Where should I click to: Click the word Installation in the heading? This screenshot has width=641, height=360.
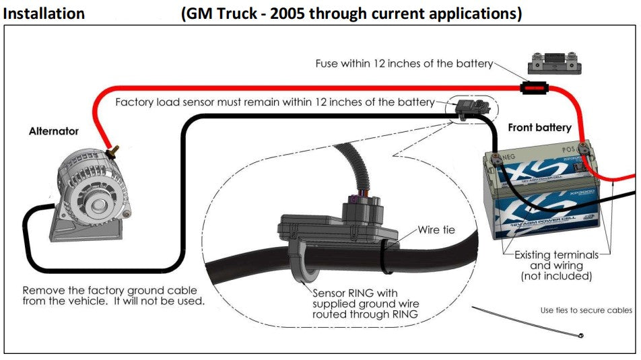[44, 13]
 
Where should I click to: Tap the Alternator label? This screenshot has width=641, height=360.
[53, 131]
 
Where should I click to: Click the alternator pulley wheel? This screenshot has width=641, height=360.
[100, 203]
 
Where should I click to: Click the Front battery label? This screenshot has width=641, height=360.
[539, 127]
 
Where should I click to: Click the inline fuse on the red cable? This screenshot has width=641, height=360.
[536, 87]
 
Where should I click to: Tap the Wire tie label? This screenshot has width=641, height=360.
[436, 229]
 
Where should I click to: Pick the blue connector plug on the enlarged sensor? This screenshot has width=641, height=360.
[355, 198]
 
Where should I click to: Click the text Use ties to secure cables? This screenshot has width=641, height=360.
[586, 310]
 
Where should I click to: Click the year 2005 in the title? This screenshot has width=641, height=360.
[290, 13]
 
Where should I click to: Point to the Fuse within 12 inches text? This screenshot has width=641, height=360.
[405, 64]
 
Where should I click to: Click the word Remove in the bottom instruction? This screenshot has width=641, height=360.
[42, 290]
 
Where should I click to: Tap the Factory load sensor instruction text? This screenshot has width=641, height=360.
[275, 102]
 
